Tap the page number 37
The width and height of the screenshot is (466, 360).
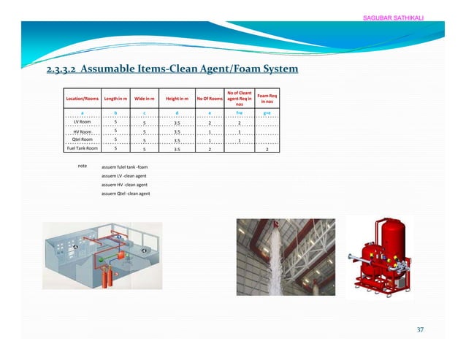pos(419,329)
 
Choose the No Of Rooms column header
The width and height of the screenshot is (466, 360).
pos(210,99)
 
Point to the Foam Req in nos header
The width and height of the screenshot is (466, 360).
pos(267,99)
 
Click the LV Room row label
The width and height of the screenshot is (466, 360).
pos(82,122)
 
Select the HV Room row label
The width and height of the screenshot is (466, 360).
pos(82,131)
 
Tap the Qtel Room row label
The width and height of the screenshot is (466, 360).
pos(82,139)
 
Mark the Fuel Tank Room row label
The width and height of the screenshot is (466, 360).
pos(82,149)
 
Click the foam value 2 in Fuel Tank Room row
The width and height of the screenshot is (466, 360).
pos(267,149)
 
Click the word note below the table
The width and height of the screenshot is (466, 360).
pos(82,166)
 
